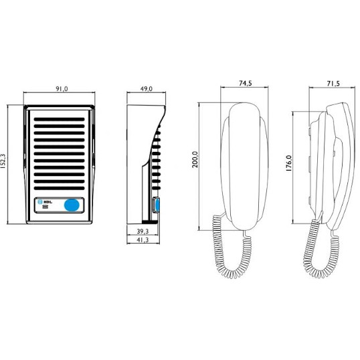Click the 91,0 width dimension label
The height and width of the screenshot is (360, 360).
pos(62,89)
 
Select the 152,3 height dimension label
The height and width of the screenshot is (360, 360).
pos(3,161)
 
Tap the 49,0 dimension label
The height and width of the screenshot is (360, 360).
pos(147,89)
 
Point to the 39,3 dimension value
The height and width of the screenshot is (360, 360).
pos(143,232)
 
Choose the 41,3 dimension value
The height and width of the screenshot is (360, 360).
pos(143,240)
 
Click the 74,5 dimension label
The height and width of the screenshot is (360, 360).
pos(245,83)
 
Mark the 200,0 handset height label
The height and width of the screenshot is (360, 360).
pos(195,159)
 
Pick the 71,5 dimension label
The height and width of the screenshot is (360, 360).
pos(333,84)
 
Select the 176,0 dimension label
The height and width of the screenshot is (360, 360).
pos(289,163)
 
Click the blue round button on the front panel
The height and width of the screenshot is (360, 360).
pos(72,205)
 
